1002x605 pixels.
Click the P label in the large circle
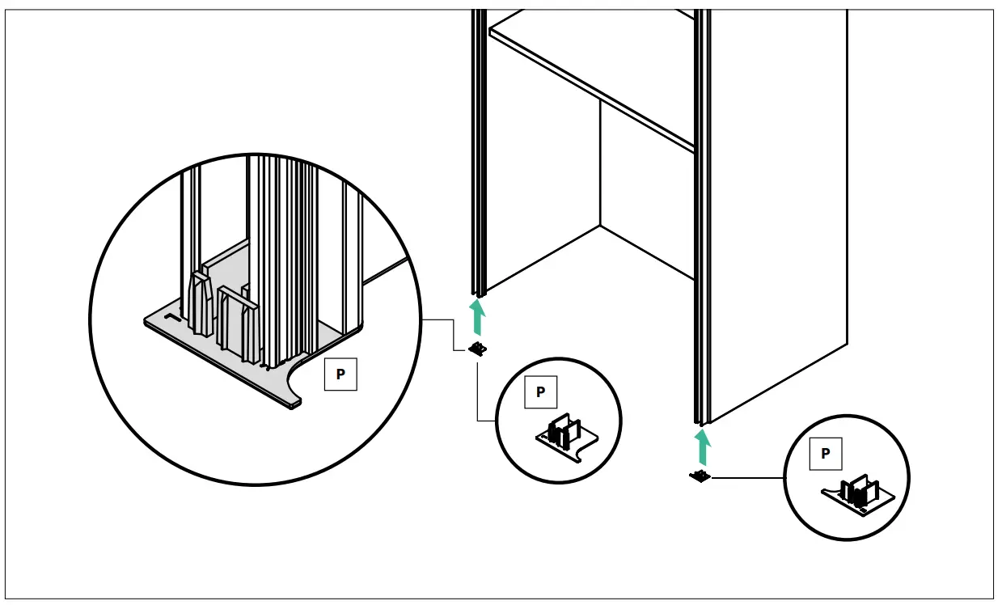[340, 374]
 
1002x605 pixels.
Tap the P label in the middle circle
[540, 392]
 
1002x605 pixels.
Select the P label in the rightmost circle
[825, 454]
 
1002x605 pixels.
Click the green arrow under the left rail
[479, 316]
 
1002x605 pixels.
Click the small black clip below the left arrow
[479, 349]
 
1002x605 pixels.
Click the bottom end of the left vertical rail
[479, 291]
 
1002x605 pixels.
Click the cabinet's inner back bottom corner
[600, 225]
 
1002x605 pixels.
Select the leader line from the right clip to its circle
[748, 478]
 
